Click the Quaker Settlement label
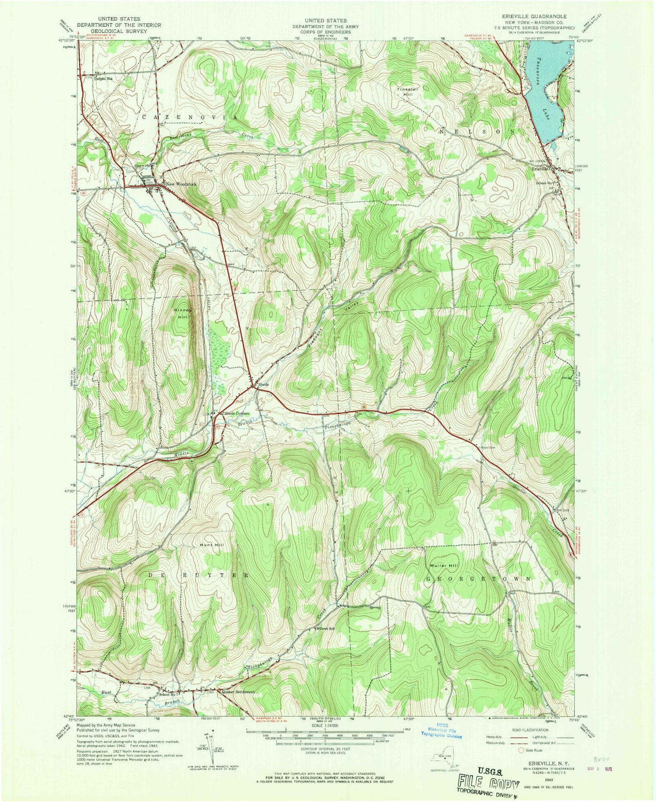click(x=237, y=692)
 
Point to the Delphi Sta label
click(x=103, y=78)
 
